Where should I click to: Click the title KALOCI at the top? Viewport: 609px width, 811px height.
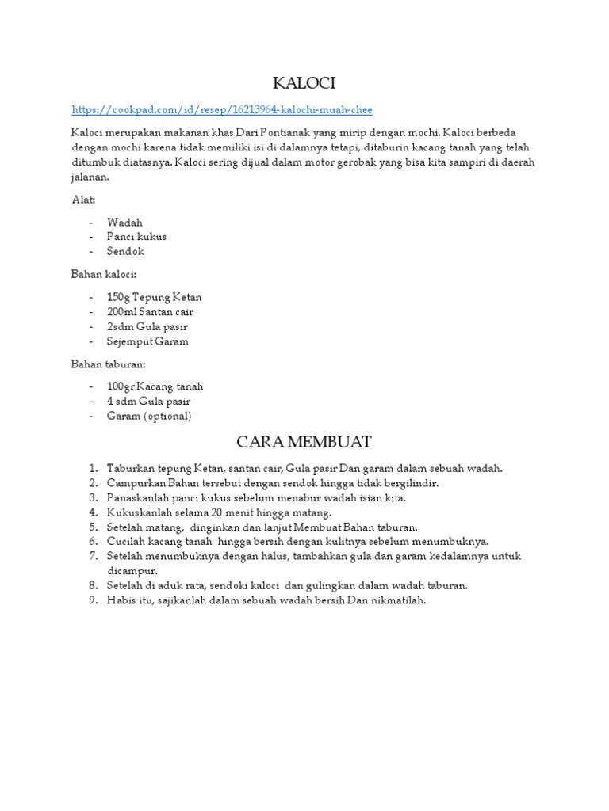pos(304,82)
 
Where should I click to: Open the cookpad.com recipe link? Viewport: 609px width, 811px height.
pos(222,109)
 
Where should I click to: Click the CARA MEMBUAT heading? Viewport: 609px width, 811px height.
pos(304,440)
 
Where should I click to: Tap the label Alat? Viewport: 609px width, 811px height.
pos(83,200)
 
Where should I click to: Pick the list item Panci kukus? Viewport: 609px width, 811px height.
pos(136,236)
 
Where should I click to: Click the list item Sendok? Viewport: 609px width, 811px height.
pos(125,251)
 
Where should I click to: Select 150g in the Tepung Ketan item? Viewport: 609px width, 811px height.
pos(118,297)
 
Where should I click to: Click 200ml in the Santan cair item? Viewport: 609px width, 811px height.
pos(121,312)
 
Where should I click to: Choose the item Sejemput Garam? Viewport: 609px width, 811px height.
pos(147,341)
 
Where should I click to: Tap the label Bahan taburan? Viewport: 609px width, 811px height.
pos(108,364)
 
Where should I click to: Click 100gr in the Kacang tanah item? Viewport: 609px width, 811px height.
pos(121,386)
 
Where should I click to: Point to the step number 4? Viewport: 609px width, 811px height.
pos(93,512)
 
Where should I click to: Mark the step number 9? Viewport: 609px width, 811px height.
pos(93,600)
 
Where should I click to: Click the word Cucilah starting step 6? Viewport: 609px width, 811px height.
pos(127,541)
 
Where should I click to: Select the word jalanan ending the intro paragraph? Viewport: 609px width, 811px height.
pos(90,178)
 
